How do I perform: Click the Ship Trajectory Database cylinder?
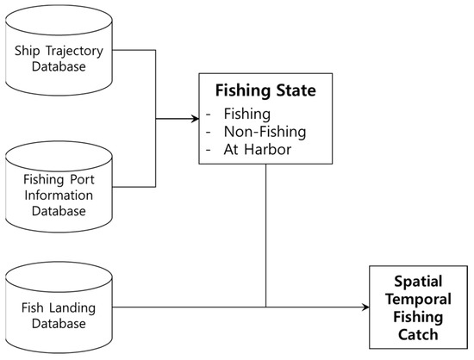59,56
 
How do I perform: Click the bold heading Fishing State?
265,89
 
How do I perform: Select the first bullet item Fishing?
246,112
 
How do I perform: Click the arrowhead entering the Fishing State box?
195,119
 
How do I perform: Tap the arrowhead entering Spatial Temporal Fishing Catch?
364,307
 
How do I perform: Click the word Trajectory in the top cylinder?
77,49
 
